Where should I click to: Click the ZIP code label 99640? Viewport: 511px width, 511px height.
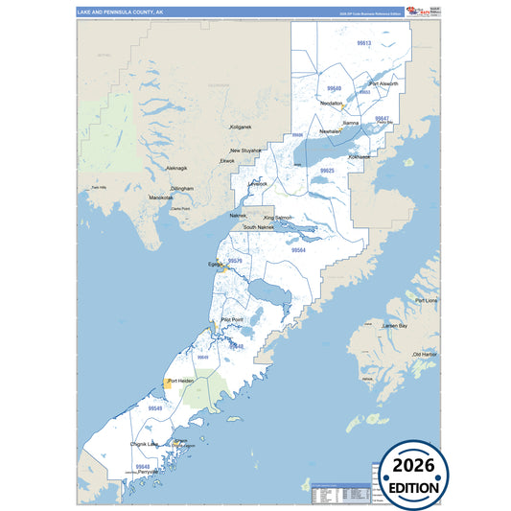click(x=335, y=88)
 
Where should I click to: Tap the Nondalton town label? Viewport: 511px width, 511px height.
click(x=332, y=104)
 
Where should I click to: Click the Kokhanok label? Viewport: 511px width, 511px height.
click(x=359, y=155)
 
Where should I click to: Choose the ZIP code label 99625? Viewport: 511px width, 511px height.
click(x=327, y=170)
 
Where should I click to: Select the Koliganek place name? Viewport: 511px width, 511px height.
click(x=240, y=127)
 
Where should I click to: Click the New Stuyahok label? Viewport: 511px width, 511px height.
click(x=246, y=151)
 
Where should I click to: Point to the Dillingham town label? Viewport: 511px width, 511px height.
click(x=181, y=189)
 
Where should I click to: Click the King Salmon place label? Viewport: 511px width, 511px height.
click(x=278, y=218)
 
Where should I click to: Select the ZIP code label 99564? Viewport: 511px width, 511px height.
click(x=298, y=250)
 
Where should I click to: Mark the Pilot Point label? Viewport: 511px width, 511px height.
click(x=232, y=319)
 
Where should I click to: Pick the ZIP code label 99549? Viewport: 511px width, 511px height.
click(x=154, y=408)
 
